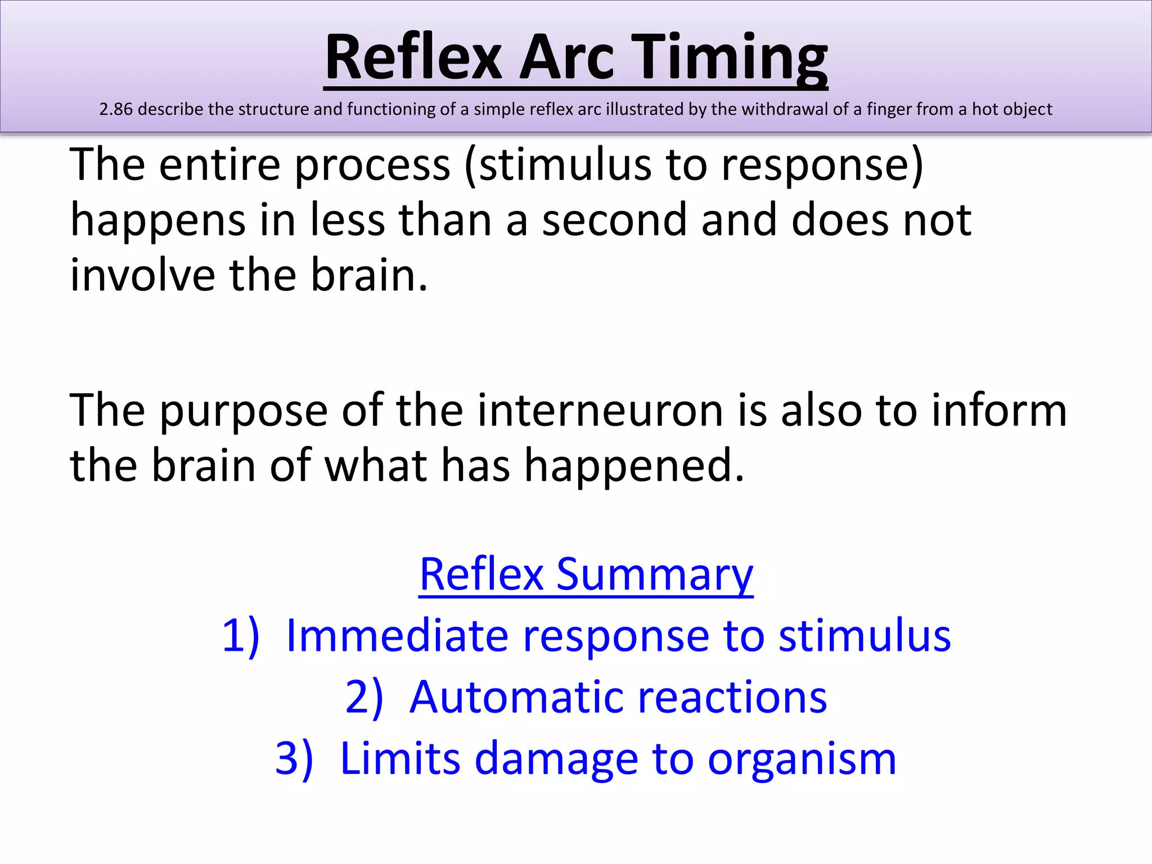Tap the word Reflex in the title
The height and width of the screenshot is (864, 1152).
(x=413, y=58)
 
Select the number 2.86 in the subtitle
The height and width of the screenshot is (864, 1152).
(x=116, y=109)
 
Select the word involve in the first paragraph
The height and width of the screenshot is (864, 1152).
(x=142, y=275)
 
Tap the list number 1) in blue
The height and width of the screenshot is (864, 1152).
(x=241, y=636)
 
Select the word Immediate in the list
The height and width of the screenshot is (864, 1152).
(x=397, y=636)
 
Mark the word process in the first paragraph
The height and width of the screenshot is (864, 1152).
(x=372, y=165)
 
